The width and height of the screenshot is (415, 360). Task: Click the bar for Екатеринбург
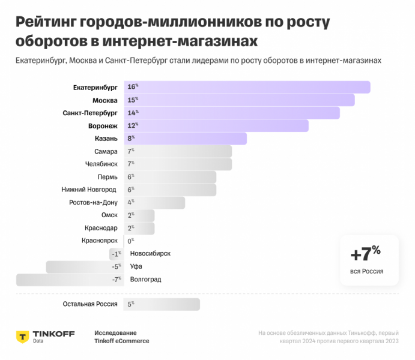[x=247, y=87]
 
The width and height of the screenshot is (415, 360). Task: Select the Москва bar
[x=239, y=100]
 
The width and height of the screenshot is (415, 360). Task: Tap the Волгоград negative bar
[x=70, y=280]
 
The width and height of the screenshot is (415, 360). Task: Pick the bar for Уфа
[x=85, y=266]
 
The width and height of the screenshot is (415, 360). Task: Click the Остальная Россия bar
[x=162, y=305]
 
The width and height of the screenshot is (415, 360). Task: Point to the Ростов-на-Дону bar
[x=154, y=203]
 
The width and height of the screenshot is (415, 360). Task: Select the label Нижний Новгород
[x=89, y=190]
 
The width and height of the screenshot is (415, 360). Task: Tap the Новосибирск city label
[x=150, y=253]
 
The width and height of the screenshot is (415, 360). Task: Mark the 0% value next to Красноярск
[x=130, y=241]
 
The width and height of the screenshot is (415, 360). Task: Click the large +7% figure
[x=365, y=253]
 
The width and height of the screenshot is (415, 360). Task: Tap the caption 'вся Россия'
[x=366, y=272]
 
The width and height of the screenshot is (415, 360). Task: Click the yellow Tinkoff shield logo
[x=23, y=337]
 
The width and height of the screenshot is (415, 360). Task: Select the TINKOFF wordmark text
[x=53, y=334]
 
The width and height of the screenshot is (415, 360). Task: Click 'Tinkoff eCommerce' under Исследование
[x=121, y=341]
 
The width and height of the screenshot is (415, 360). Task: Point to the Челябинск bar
[x=178, y=164]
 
